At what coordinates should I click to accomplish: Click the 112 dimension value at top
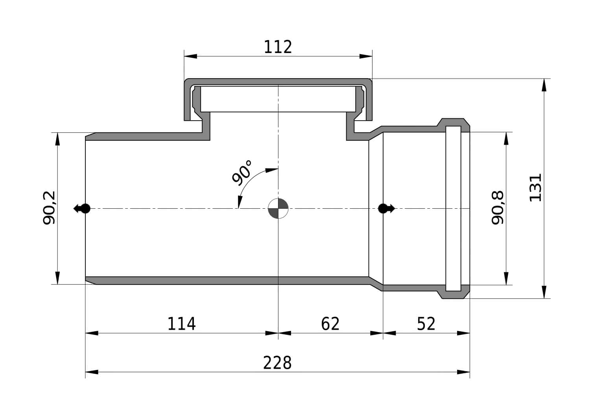278,47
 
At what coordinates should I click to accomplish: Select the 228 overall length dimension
277,363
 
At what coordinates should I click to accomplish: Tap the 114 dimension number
181,324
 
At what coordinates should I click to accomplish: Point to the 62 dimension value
330,324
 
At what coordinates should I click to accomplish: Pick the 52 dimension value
426,324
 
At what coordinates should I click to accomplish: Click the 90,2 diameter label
49,208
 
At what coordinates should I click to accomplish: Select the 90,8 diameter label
498,208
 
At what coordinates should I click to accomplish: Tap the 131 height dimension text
535,188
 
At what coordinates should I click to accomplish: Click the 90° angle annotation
242,173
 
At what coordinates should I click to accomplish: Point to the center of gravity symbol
278,208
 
